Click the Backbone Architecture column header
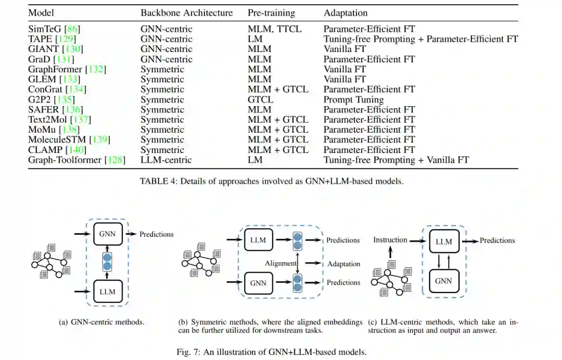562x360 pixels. point(185,12)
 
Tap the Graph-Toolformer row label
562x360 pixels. point(65,160)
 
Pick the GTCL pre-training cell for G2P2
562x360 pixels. point(261,99)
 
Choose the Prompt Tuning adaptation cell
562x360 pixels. point(353,99)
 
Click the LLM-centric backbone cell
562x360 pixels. point(166,160)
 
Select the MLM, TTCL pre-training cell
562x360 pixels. point(274,29)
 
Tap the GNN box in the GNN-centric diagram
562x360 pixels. point(108,235)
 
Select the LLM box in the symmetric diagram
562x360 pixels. point(259,240)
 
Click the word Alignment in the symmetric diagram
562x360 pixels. point(280,263)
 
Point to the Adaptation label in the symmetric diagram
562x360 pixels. point(343,264)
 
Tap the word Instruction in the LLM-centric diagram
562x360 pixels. point(390,240)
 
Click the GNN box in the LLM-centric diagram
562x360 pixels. point(444,281)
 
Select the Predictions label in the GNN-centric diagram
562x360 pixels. point(156,234)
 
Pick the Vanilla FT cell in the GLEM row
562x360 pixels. point(344,79)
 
